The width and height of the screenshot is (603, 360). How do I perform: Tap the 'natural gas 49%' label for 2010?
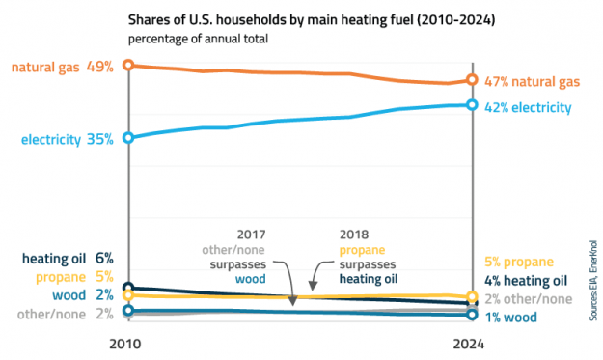[x=63, y=67]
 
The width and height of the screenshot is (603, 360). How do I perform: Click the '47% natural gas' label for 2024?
[x=532, y=81]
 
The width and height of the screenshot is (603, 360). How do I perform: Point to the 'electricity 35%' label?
[x=68, y=139]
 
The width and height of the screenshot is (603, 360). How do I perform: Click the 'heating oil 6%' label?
[x=68, y=258]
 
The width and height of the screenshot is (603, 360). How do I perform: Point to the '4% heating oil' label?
[x=524, y=281]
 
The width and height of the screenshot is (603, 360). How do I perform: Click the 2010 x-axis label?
[x=128, y=343]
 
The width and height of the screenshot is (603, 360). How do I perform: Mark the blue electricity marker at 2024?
[x=472, y=104]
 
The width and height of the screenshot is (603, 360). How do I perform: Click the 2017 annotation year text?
[x=250, y=234]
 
